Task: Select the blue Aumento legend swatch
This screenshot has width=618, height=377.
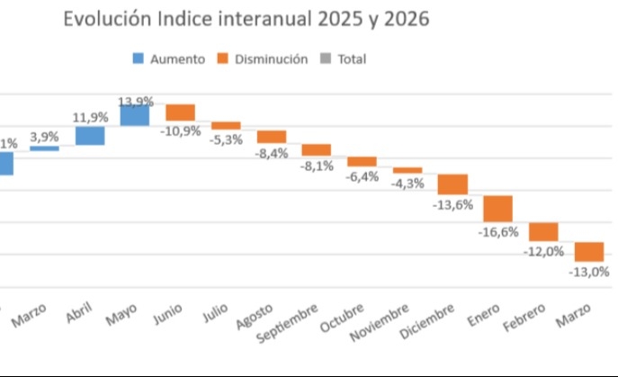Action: (138, 59)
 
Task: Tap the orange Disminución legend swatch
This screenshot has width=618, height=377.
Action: (222, 59)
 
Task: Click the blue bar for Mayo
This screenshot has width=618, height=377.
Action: (135, 115)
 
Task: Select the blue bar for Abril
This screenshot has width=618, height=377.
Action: (90, 136)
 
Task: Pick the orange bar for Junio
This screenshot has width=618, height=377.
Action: (180, 112)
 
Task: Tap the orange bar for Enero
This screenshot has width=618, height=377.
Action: (497, 209)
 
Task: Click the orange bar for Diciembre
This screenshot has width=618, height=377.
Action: (452, 184)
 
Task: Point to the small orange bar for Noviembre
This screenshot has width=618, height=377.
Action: (408, 170)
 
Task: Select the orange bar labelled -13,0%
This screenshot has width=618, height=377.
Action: (589, 251)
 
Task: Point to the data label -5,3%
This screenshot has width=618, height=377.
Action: (226, 139)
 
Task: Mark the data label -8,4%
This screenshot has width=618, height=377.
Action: (271, 153)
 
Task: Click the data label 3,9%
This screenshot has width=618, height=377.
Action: (45, 137)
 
